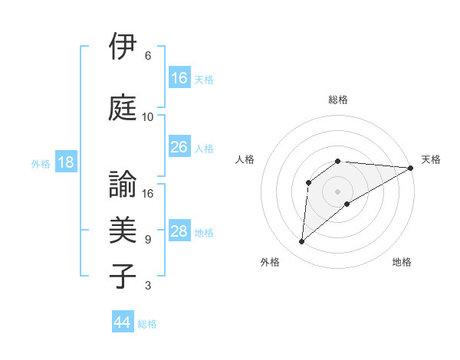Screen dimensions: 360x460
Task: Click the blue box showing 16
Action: click(179, 78)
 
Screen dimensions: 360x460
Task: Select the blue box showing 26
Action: click(179, 147)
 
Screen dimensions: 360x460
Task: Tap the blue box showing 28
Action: click(179, 231)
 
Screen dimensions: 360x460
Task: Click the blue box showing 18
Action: click(65, 162)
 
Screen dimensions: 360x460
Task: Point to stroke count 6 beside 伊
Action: click(148, 56)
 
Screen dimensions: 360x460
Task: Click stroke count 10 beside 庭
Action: click(148, 117)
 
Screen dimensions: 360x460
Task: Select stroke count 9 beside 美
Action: click(148, 240)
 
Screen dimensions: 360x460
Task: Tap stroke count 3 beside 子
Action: click(148, 286)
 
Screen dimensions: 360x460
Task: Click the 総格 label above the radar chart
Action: click(338, 100)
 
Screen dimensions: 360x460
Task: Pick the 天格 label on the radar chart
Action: click(431, 159)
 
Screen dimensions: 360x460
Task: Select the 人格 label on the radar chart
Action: click(245, 159)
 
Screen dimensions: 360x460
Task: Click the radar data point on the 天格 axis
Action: click(411, 168)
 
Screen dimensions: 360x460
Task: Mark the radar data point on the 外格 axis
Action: click(301, 242)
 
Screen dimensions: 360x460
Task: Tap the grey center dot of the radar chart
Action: click(338, 191)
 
